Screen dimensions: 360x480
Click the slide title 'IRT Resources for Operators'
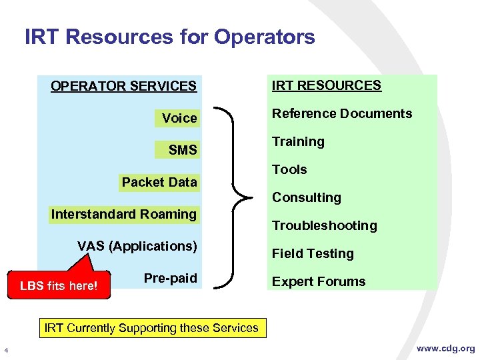coord(169,37)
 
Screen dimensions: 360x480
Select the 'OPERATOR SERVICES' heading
coord(123,86)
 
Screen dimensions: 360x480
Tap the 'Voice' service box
coord(179,118)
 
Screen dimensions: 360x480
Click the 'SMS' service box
coord(182,150)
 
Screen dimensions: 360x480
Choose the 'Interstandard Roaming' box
coord(123,214)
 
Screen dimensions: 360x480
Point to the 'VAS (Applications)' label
coord(137,246)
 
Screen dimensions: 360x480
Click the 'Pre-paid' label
coord(170,278)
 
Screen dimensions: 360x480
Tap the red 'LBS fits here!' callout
coord(59,286)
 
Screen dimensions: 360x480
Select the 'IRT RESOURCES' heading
coord(326,85)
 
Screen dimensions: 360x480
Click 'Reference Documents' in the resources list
coord(341,113)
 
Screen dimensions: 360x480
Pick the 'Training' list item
coord(298,141)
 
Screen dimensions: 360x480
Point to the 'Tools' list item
coord(289,169)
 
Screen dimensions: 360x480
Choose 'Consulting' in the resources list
coord(306,197)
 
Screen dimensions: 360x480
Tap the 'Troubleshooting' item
coord(324,225)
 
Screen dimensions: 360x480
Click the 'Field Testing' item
coord(312,253)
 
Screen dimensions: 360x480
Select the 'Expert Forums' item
coord(318,281)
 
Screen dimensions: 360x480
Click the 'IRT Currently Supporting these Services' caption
coord(151,328)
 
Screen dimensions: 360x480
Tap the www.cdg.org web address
coord(445,348)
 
